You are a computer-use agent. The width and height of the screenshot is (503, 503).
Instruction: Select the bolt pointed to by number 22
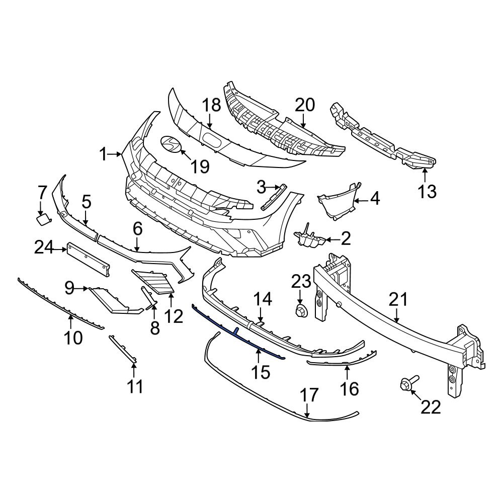coord(406,385)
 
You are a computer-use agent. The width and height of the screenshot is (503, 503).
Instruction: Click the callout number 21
coord(398,300)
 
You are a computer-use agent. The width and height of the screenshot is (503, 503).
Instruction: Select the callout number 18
coord(211,106)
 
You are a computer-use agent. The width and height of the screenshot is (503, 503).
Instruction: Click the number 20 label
coord(304,105)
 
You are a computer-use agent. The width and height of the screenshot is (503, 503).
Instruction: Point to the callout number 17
coord(309,395)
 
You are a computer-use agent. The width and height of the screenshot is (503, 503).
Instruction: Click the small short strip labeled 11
coord(123,348)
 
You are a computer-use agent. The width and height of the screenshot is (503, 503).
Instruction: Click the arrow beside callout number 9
coord(82,288)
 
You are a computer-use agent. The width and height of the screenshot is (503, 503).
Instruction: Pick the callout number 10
coord(73,338)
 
